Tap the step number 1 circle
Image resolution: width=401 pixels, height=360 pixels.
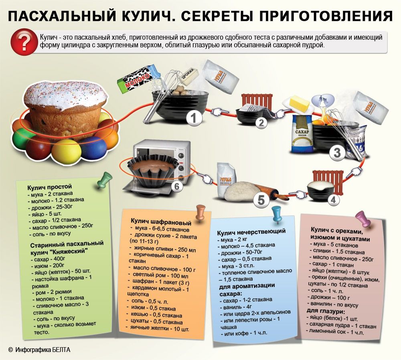[194, 118]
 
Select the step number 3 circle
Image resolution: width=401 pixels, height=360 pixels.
[338, 153]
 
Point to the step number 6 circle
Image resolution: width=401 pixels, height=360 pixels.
[177, 187]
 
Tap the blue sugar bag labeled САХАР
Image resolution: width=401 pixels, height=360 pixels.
[302, 134]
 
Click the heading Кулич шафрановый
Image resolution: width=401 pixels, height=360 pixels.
[161, 221]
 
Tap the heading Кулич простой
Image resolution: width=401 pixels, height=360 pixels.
[50, 187]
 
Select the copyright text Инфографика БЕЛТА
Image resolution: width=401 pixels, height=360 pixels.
[43, 350]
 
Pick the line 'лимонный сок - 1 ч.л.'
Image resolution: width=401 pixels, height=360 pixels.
[335, 332]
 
